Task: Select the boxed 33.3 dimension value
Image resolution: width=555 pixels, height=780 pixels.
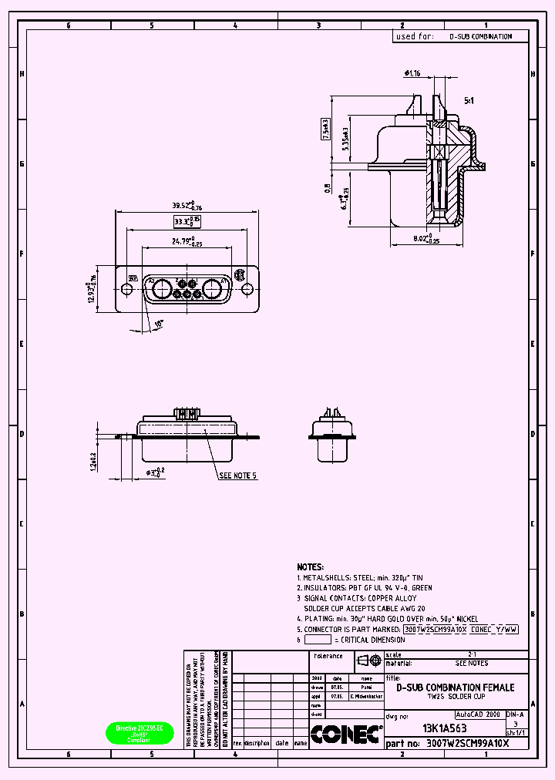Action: point(185,222)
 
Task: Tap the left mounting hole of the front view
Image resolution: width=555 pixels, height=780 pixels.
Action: point(124,289)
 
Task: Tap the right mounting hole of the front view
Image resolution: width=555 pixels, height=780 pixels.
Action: point(247,289)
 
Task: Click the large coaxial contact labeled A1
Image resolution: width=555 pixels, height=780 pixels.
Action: point(210,291)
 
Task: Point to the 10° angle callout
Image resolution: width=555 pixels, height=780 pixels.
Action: point(159,324)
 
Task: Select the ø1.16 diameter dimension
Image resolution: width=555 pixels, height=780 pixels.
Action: point(412,74)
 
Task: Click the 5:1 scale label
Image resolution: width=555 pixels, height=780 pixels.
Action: point(469,101)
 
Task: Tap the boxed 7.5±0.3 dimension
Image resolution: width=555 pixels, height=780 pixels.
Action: point(326,129)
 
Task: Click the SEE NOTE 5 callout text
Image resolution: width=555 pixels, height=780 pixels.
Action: point(237,476)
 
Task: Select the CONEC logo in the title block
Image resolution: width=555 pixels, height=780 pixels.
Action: point(346,734)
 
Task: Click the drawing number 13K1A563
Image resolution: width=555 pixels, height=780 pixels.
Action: point(444,728)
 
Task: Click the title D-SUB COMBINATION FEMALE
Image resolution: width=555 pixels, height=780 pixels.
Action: point(455,687)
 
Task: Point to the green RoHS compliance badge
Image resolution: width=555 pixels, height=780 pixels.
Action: point(140,734)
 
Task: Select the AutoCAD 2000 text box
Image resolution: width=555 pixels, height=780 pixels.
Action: point(478,714)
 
